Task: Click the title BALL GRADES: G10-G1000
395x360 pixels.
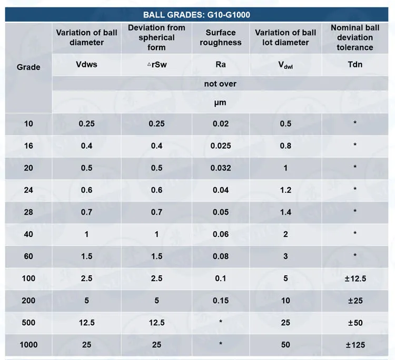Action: [x=200, y=15]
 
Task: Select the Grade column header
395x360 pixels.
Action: [x=28, y=67]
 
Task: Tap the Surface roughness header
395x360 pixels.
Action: [x=221, y=38]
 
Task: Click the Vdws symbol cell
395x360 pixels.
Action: [x=87, y=65]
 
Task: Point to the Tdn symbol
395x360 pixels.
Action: [x=355, y=65]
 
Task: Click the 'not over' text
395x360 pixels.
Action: [x=220, y=84]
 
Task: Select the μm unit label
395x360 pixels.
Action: [x=220, y=103]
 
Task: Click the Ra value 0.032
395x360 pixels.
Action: [x=220, y=168]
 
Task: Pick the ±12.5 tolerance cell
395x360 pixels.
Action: [x=355, y=278]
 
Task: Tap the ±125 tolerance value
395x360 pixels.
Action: [x=355, y=345]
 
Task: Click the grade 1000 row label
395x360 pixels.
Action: [x=28, y=345]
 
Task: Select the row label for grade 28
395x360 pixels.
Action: [x=28, y=212]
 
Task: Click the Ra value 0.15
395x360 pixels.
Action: [x=220, y=301]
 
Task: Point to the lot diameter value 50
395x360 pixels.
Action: [x=285, y=345]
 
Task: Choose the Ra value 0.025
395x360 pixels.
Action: [x=220, y=146]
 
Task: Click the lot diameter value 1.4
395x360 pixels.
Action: [x=285, y=212]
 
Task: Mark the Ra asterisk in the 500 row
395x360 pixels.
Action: [x=220, y=323]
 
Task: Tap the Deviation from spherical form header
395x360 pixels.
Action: [x=156, y=38]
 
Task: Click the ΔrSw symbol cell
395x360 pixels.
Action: [x=156, y=65]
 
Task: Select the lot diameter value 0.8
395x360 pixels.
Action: [x=285, y=146]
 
